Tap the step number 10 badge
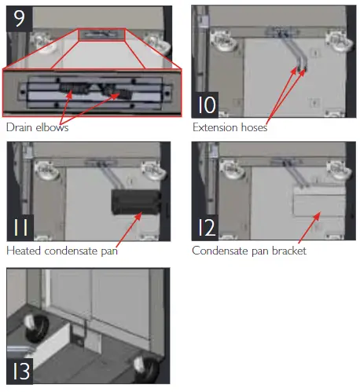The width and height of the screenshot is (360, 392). [206, 103]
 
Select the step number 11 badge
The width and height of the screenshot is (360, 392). [20, 229]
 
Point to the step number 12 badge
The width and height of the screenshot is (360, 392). [206, 229]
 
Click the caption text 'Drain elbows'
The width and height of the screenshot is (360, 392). [37, 127]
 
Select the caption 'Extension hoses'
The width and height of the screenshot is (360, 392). [230, 127]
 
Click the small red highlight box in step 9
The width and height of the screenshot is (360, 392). [101, 35]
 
